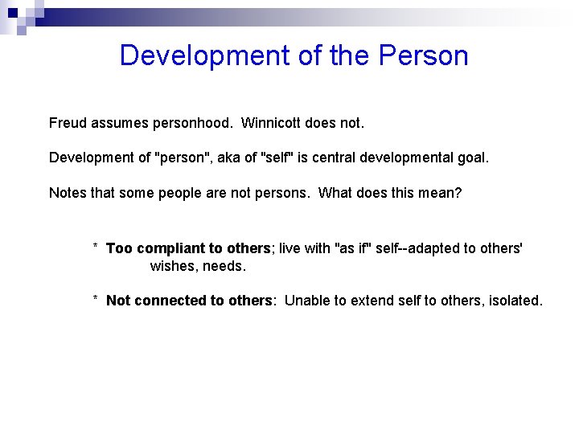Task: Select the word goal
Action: [472, 158]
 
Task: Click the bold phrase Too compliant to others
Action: [188, 248]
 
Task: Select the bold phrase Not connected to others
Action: [189, 301]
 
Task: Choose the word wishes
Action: [172, 266]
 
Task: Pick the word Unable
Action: [307, 301]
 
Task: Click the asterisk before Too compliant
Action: [96, 248]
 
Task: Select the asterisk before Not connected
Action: [96, 301]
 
